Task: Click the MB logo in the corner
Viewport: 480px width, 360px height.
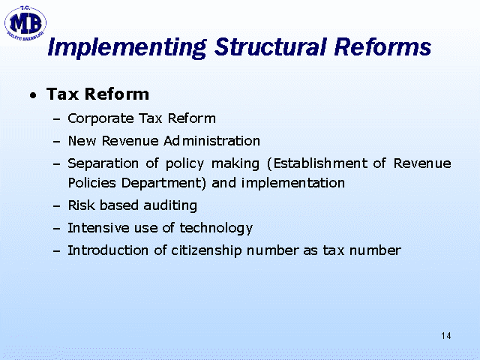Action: click(x=25, y=23)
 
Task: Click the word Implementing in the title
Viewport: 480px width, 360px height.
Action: click(x=127, y=48)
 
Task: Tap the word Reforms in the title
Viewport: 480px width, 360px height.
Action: click(x=382, y=46)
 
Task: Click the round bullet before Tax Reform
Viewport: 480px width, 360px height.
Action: click(x=33, y=95)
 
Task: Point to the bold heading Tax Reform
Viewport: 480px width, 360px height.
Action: click(x=97, y=94)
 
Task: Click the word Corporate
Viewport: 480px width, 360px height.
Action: click(x=100, y=118)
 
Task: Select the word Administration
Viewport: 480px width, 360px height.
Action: click(x=211, y=141)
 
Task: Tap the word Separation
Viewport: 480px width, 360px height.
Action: click(x=103, y=163)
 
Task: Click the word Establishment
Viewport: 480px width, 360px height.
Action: click(x=320, y=163)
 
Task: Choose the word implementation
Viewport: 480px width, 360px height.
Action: click(x=293, y=183)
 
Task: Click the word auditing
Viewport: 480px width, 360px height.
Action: click(x=170, y=205)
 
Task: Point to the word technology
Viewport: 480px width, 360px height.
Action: click(x=216, y=228)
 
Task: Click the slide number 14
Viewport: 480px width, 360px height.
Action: click(x=446, y=336)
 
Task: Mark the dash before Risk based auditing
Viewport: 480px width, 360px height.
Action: click(x=57, y=206)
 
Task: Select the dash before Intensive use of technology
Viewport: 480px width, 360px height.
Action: click(x=57, y=229)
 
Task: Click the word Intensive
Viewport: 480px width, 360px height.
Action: click(x=98, y=228)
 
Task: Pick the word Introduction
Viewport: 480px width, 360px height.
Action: click(x=108, y=250)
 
